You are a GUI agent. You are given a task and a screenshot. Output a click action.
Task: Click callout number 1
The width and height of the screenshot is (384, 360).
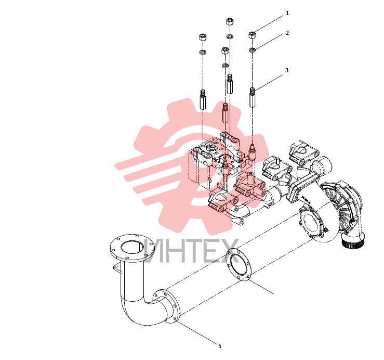(x=287, y=13)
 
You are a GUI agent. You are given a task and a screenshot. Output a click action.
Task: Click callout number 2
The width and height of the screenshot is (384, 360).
(x=287, y=33)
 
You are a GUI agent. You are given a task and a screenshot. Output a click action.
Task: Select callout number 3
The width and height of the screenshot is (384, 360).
(x=287, y=70)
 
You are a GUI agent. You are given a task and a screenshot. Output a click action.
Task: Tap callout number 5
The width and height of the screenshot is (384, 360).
(x=220, y=346)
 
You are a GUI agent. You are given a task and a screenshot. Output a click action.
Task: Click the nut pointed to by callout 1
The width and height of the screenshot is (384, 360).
(x=252, y=35)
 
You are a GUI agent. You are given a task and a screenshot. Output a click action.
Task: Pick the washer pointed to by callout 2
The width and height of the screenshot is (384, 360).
(x=252, y=50)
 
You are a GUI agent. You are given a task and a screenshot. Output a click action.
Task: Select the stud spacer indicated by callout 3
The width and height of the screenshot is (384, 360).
(x=252, y=97)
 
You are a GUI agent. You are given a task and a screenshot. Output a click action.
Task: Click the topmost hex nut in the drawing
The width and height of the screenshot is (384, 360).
(x=230, y=21)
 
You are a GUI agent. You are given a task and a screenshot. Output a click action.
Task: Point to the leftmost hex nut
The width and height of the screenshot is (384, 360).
(x=203, y=37)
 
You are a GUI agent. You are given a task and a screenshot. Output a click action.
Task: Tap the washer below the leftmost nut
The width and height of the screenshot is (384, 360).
(x=203, y=52)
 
